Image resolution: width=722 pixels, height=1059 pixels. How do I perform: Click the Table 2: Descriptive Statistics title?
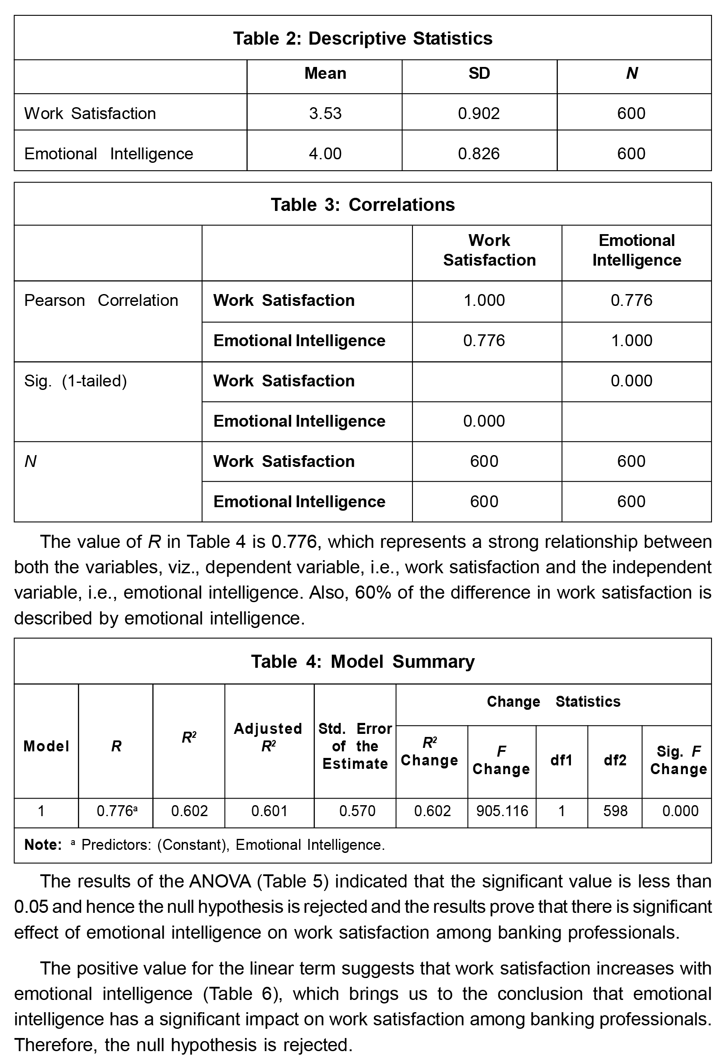[x=363, y=38]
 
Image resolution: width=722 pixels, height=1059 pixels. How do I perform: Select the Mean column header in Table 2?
[x=325, y=74]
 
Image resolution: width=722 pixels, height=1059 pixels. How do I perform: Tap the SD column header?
[x=479, y=74]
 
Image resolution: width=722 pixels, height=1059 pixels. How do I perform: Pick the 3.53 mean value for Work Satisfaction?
[x=325, y=113]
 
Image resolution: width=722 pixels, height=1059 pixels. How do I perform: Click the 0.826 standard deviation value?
[x=479, y=154]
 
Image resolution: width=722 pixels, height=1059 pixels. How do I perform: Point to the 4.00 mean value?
[x=325, y=154]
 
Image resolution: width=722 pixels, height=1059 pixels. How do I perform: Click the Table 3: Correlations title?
[x=363, y=205]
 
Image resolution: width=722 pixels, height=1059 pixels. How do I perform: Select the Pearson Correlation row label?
[x=101, y=300]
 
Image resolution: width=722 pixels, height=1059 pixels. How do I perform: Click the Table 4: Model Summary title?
[x=363, y=661]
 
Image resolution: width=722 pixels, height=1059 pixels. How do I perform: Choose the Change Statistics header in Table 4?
[x=553, y=701]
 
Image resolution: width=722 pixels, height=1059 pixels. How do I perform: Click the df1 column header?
[x=561, y=760]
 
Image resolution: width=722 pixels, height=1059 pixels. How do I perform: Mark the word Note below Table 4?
[x=42, y=845]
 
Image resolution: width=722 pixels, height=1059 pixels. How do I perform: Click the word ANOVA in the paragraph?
[x=220, y=881]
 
